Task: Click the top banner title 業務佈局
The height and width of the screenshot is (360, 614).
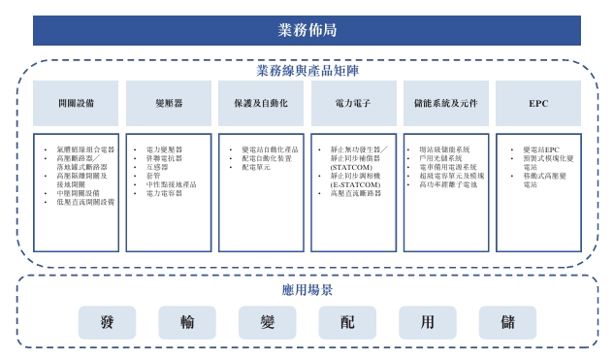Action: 307,30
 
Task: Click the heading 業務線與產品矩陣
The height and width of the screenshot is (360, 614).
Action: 306,71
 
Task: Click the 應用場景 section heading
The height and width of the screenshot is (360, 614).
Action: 307,290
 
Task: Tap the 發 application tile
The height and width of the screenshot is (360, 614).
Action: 108,322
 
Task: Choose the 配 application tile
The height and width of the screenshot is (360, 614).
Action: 346,322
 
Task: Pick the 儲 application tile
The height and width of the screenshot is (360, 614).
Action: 507,322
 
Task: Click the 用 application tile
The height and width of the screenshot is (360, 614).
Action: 427,322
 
